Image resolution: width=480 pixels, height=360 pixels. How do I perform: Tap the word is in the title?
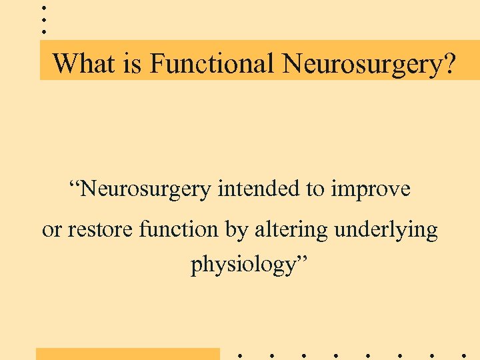point(133,64)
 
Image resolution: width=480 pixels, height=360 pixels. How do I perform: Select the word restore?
point(100,229)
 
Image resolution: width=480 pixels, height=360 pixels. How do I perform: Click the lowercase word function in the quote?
point(179,229)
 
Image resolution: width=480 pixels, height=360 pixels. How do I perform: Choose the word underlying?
point(386,230)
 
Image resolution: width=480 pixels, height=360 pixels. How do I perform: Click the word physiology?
point(243,265)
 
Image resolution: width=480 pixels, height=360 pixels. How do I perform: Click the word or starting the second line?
point(51,230)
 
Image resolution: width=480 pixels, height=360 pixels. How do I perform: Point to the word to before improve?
point(315,190)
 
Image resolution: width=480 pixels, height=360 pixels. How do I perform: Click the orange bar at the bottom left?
point(127,353)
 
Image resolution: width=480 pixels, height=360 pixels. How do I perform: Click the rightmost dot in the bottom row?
point(463,355)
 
